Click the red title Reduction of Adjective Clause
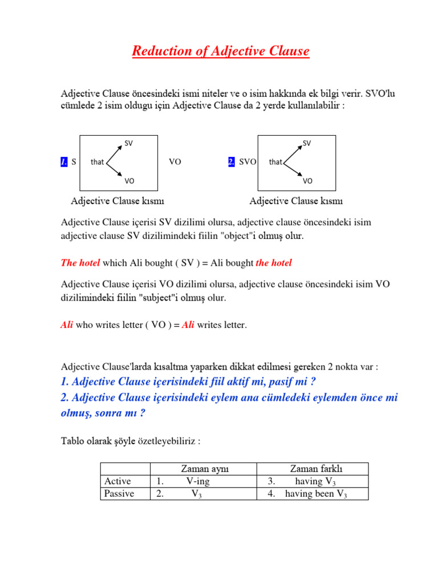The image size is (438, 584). pyautogui.click(x=220, y=51)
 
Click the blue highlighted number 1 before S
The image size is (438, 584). pyautogui.click(x=64, y=162)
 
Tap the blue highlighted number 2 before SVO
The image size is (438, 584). pyautogui.click(x=232, y=162)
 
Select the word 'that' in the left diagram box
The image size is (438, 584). pyautogui.click(x=97, y=162)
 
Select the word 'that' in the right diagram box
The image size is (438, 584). pyautogui.click(x=275, y=162)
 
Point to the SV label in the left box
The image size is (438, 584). pyautogui.click(x=129, y=143)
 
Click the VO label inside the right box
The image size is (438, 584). pyautogui.click(x=307, y=181)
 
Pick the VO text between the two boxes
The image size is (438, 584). pyautogui.click(x=175, y=162)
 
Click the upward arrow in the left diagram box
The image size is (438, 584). pyautogui.click(x=115, y=153)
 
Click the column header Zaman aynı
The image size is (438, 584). pyautogui.click(x=204, y=469)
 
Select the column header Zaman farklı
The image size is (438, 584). pyautogui.click(x=313, y=469)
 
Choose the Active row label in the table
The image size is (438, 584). pyautogui.click(x=117, y=481)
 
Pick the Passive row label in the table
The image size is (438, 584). pyautogui.click(x=119, y=494)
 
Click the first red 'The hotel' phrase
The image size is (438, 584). pyautogui.click(x=80, y=263)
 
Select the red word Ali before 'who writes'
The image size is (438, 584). pyautogui.click(x=67, y=325)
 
